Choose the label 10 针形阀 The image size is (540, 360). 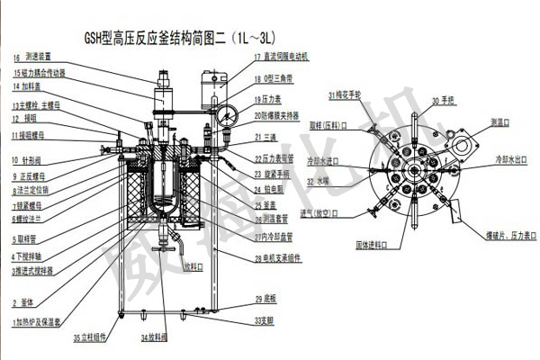(29, 160)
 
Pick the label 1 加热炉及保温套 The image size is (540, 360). (38, 321)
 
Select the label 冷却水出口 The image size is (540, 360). (506, 158)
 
